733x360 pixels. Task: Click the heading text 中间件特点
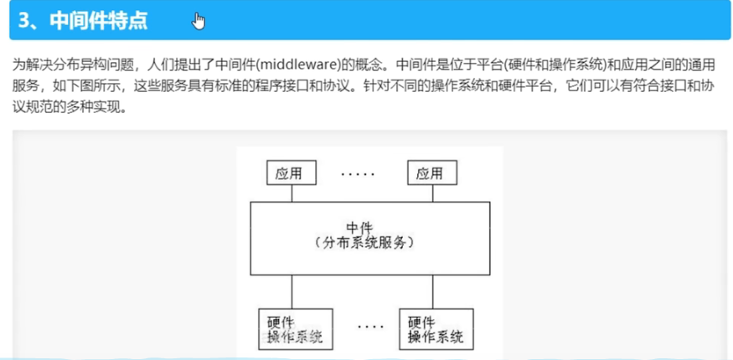click(x=98, y=20)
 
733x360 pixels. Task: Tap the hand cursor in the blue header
click(x=199, y=21)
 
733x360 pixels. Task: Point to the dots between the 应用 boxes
click(x=359, y=173)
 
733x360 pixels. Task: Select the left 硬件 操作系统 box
click(x=292, y=329)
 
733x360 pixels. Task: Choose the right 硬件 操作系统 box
click(x=434, y=329)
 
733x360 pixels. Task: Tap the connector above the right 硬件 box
click(x=433, y=291)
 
